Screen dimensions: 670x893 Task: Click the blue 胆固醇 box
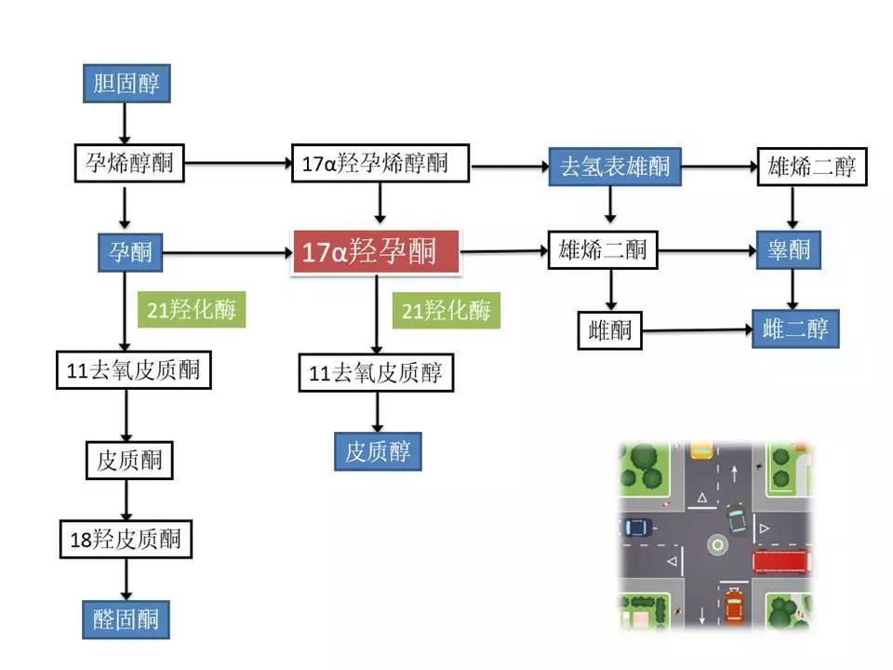126,84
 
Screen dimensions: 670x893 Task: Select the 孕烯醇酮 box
128,166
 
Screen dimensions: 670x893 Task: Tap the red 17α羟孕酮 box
376,251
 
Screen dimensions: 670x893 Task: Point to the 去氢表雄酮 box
608,167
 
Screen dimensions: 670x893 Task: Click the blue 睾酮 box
788,250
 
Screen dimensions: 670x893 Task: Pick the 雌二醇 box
795,329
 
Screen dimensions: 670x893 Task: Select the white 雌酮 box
609,329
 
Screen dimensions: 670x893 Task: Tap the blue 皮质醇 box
377,452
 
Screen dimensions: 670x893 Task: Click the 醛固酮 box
126,619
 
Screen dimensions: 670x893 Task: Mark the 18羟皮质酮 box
126,539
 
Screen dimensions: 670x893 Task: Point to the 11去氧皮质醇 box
376,374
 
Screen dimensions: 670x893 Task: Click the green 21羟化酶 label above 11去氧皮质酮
192,310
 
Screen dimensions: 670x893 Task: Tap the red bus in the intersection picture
781,562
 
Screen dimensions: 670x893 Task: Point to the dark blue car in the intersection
637,527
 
